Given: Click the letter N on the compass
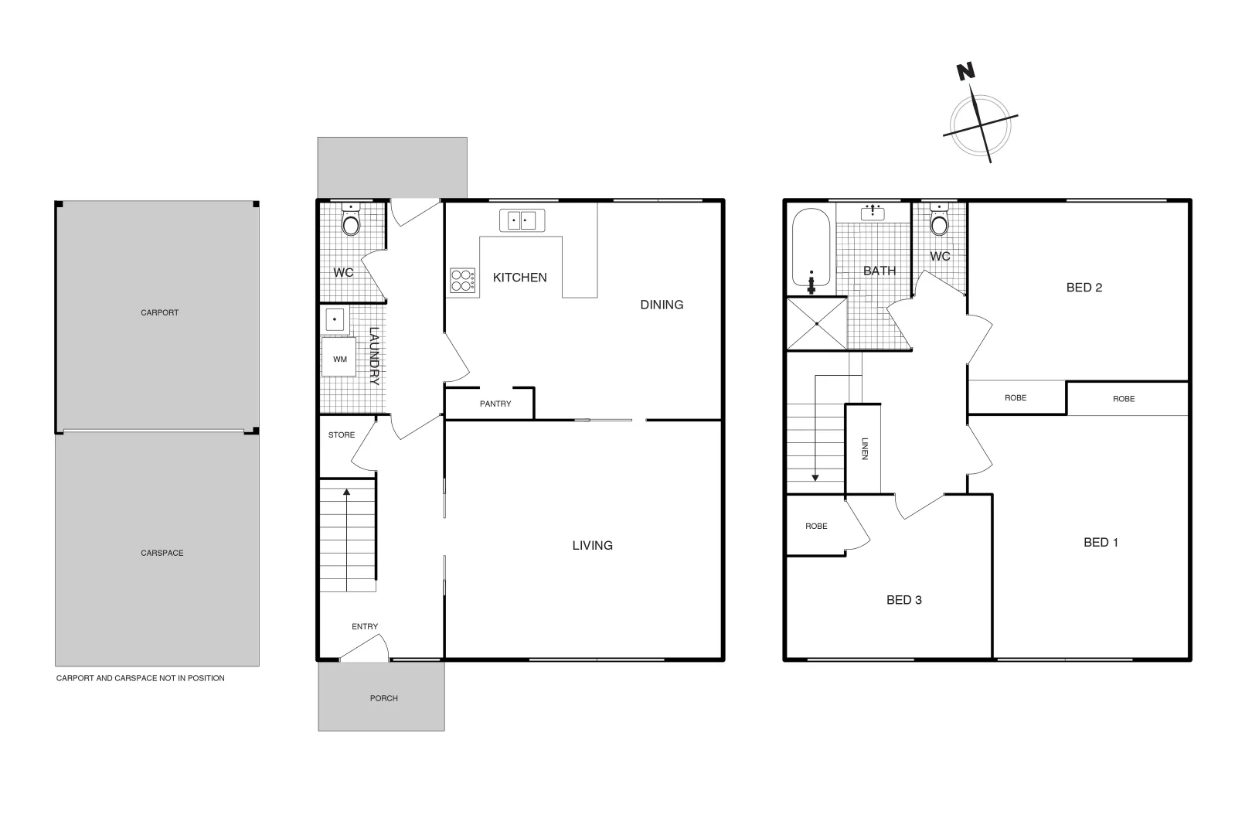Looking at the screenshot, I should [965, 72].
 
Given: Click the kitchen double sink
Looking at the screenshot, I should [522, 220].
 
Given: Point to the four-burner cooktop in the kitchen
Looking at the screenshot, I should [462, 280].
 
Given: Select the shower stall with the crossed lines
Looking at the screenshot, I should [816, 323].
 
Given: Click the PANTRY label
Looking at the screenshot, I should [495, 404].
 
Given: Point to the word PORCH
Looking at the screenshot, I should [383, 698].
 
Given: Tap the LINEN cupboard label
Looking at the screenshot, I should [865, 448].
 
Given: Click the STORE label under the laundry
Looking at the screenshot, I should [341, 435].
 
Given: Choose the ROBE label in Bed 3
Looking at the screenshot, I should [816, 527].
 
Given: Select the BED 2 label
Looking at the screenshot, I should [1084, 288].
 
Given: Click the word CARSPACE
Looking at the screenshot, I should [162, 554].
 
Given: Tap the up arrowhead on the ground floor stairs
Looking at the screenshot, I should [346, 491].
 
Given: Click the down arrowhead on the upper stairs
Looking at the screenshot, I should [815, 478].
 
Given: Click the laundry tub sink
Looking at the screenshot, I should [334, 319].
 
